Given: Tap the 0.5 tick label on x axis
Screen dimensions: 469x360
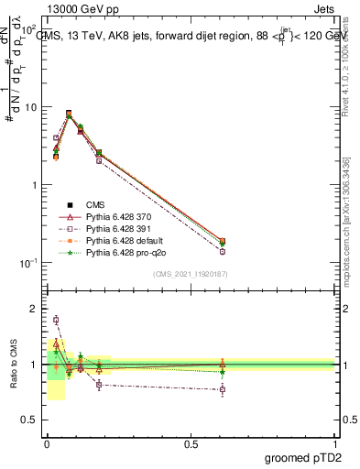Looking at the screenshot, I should pyautogui.click(x=191, y=443).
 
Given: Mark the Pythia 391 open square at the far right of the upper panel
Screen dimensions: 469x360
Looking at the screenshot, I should pyautogui.click(x=223, y=251).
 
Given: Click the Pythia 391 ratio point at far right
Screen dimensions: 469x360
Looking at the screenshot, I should pyautogui.click(x=223, y=389).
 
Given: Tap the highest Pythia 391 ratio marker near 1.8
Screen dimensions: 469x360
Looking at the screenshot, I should pyautogui.click(x=56, y=320).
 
